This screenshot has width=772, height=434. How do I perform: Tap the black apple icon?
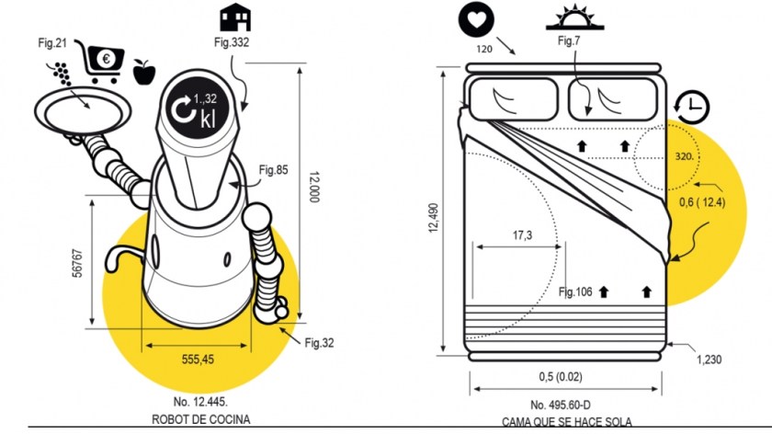[143, 70]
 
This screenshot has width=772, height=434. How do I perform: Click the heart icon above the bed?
[476, 18]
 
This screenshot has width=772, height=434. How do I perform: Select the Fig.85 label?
[273, 169]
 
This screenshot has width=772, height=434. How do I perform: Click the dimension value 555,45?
[197, 360]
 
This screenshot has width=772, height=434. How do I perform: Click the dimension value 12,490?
[433, 220]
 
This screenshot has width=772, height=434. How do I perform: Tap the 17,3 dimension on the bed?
[521, 235]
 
